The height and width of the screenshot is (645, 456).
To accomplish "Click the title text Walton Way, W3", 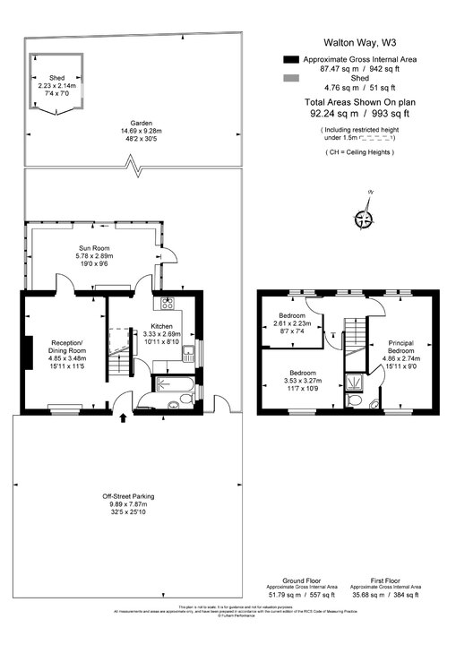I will [361, 41].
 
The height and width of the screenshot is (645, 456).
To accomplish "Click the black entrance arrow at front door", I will [123, 417].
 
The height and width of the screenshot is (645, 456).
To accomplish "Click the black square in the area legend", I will [289, 59].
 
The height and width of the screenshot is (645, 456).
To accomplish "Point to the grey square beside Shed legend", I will [289, 79].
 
